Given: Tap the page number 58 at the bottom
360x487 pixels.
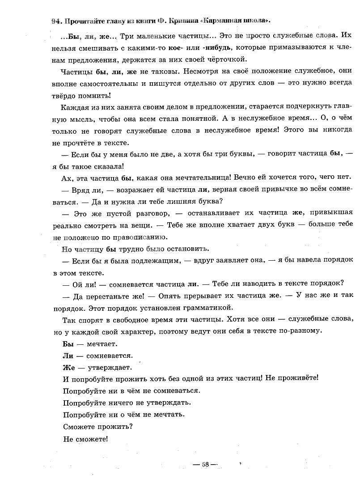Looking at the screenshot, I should pyautogui.click(x=205, y=464).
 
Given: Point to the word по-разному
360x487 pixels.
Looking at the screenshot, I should pyautogui.click(x=301, y=331).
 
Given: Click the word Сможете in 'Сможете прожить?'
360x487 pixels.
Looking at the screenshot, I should pyautogui.click(x=77, y=427).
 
